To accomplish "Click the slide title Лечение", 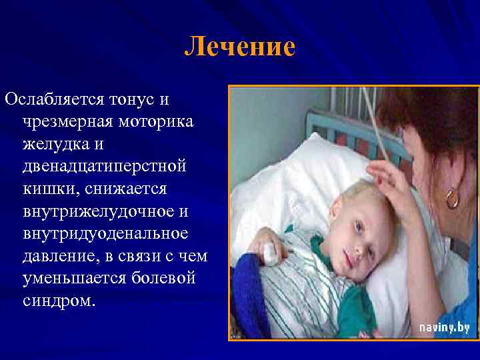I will coord(239,47).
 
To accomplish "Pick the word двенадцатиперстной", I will coord(104,166).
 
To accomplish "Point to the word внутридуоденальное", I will coord(105,233).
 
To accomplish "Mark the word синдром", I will coord(59,300).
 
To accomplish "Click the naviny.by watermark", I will coord(444,327).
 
